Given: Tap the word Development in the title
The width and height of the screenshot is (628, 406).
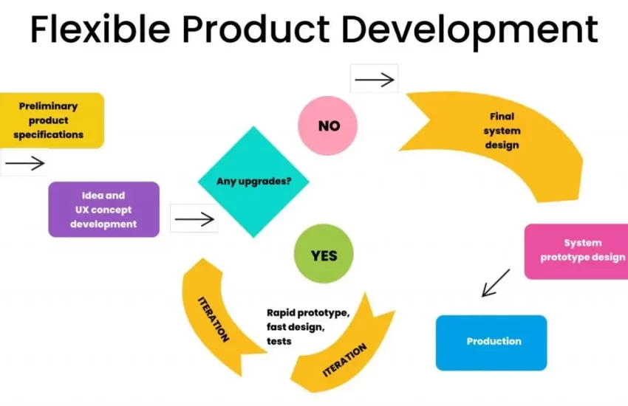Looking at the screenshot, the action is point(470,32).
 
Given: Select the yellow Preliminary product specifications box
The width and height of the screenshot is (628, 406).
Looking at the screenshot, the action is point(52,120).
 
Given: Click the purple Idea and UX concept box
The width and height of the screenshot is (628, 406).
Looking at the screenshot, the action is point(103,210).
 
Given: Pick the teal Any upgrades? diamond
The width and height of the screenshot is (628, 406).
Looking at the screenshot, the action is point(253,182).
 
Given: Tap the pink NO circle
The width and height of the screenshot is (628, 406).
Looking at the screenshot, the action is point(327,125).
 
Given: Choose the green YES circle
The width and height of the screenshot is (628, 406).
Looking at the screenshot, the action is point(324,254).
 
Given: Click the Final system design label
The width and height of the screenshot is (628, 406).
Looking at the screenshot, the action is point(502,131).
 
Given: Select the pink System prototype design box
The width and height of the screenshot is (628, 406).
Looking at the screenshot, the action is point(576,251).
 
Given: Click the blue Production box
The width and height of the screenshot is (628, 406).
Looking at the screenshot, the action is point(491,343).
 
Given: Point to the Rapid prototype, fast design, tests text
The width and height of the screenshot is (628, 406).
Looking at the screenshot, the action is point(308,327).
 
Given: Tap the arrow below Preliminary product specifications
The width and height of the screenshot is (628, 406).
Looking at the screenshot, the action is point(25,163).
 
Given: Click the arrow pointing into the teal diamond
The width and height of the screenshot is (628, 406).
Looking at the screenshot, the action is point(194,219).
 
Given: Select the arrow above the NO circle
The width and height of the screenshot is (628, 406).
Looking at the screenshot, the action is point(375,80).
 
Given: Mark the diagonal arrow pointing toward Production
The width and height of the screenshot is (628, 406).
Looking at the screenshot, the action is point(496,283).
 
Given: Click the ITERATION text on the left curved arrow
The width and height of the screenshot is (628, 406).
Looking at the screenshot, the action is point(214,319).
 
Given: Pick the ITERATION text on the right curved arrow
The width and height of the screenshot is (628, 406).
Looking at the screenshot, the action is point(345,360).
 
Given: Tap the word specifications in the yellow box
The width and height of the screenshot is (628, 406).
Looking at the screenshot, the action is point(49,135).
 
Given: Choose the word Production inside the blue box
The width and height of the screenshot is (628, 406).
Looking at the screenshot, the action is point(494,341).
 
